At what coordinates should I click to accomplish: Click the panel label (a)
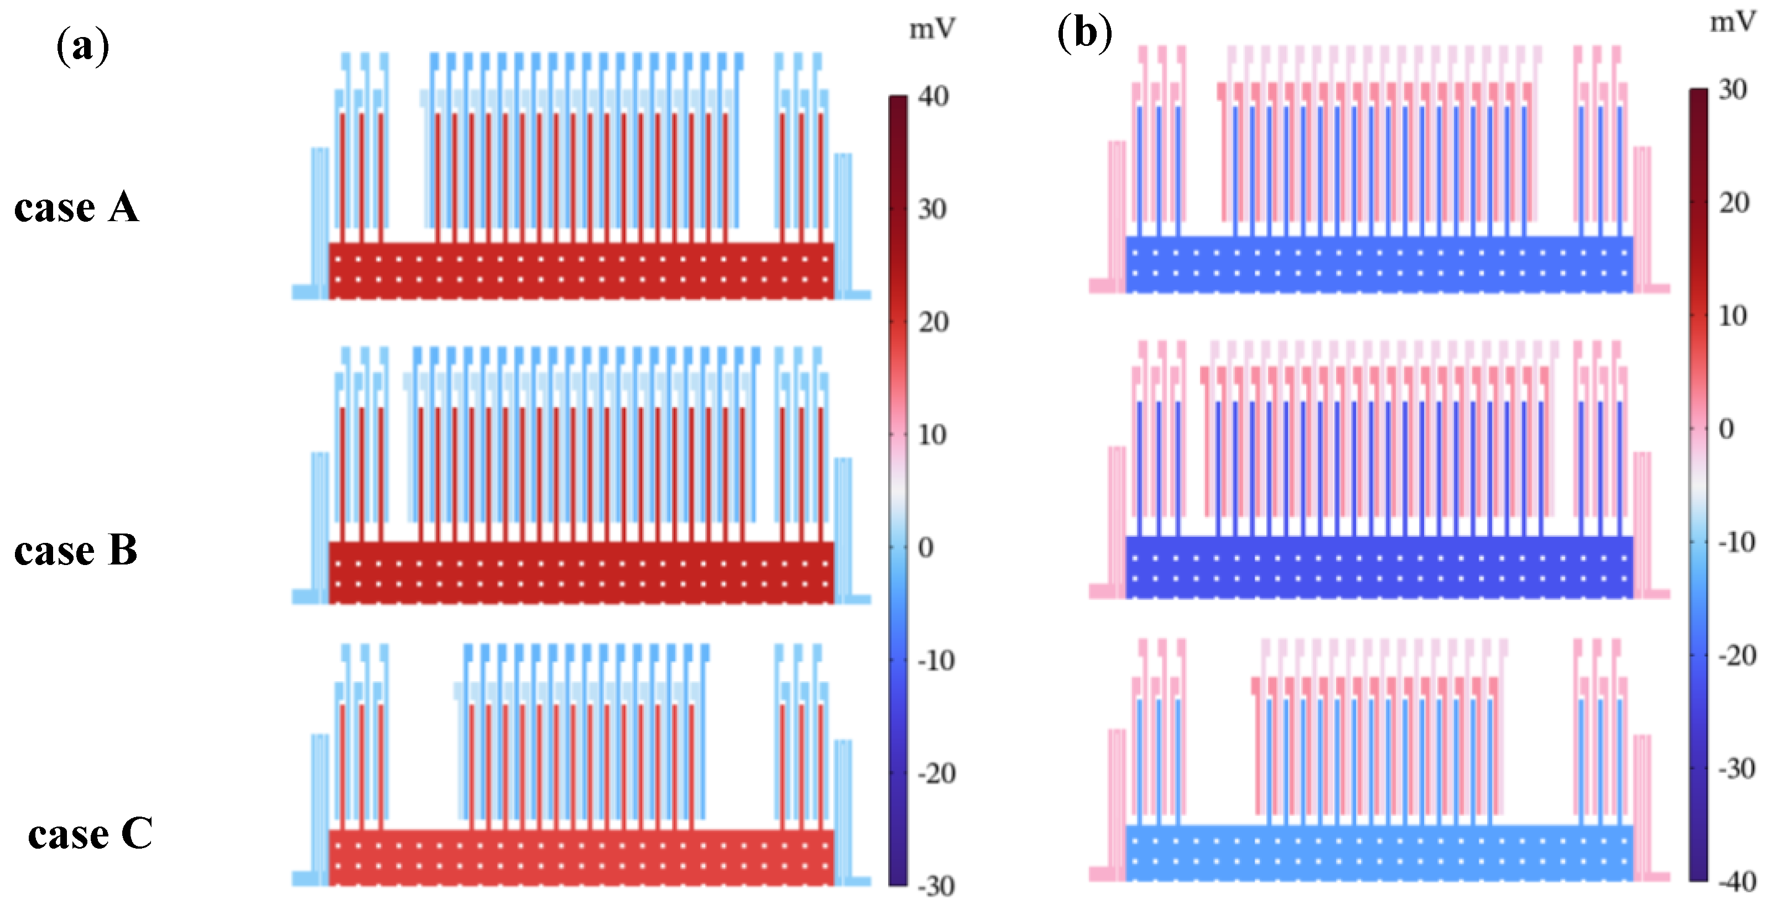point(82,46)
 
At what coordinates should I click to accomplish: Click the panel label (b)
point(1084,33)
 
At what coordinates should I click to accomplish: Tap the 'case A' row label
point(76,207)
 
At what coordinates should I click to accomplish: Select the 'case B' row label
point(76,550)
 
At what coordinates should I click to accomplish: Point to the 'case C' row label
point(90,834)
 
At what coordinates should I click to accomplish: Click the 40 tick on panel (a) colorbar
point(934,97)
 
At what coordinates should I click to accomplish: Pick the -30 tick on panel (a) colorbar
point(936,886)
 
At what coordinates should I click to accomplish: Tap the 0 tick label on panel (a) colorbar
point(926,547)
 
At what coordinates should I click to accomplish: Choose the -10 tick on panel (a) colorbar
point(936,661)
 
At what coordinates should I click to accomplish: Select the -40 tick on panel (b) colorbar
point(1737,881)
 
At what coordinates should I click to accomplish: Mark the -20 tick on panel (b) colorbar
point(1737,656)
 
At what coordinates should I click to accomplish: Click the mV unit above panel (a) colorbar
point(932,29)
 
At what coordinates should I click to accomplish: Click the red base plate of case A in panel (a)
point(581,270)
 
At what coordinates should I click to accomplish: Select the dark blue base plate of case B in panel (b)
point(1378,567)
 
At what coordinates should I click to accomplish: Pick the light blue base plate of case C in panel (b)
point(1378,853)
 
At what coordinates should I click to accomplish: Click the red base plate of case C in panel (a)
point(581,857)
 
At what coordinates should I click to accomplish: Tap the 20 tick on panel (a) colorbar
point(934,322)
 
